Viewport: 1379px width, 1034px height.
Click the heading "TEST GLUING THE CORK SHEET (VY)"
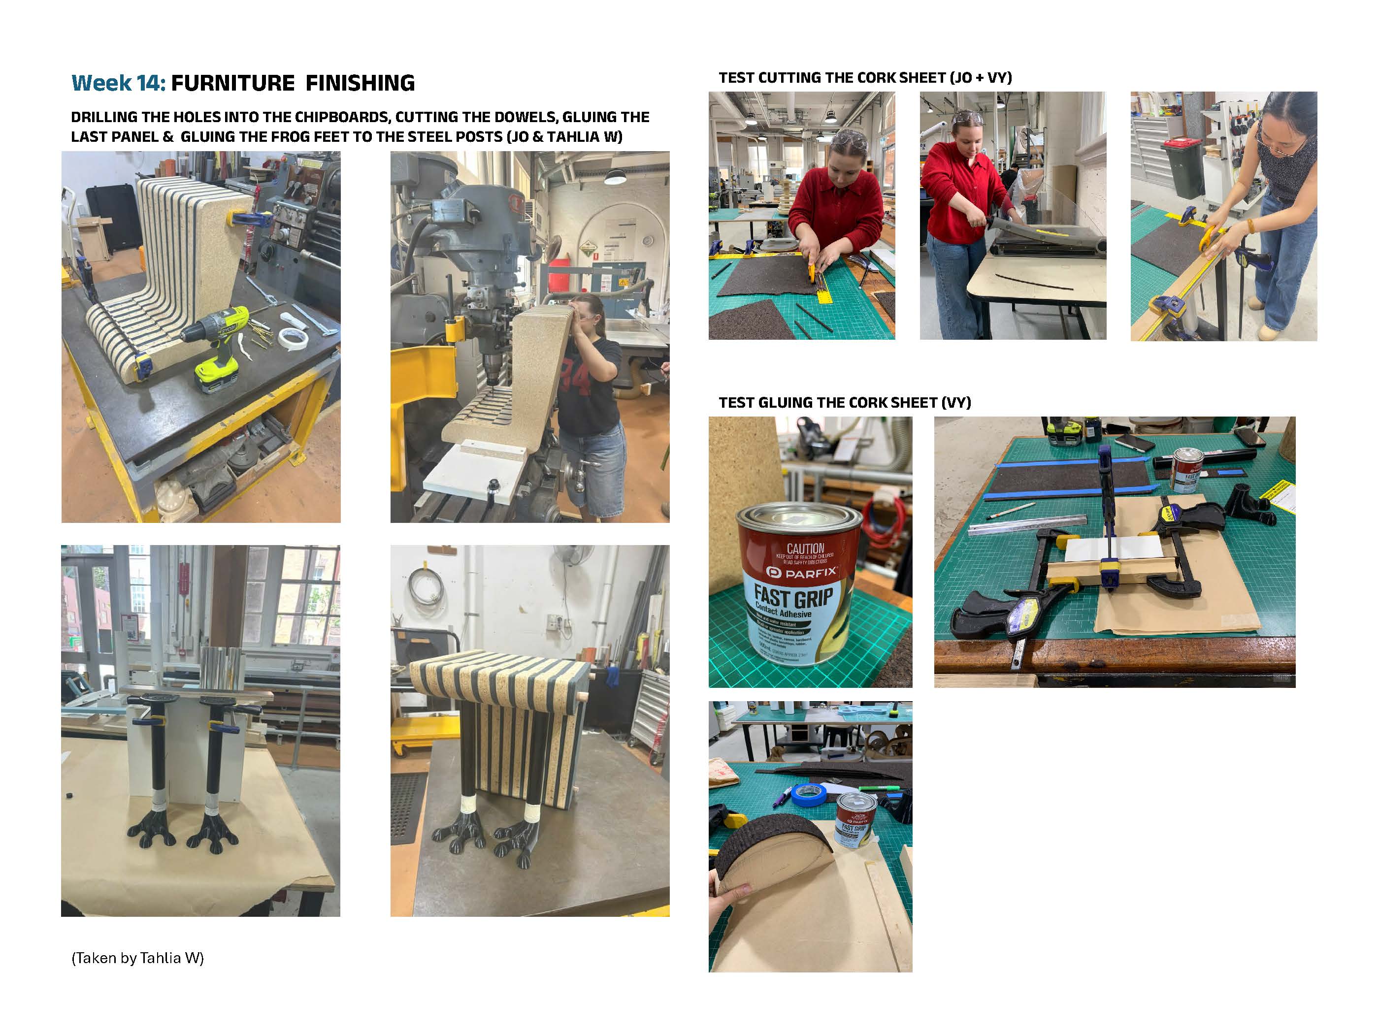pos(845,403)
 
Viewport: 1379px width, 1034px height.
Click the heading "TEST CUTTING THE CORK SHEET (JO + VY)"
pos(865,78)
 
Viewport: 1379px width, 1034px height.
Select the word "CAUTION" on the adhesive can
pos(805,549)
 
